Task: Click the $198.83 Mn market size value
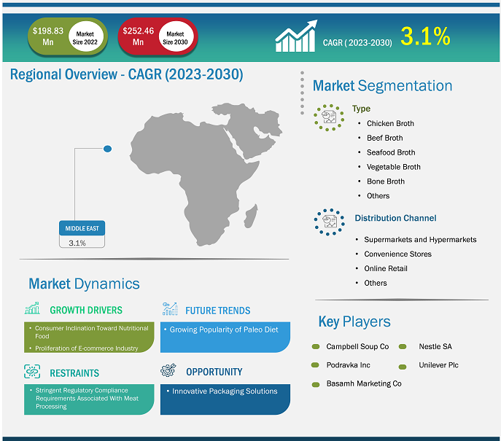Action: pos(48,36)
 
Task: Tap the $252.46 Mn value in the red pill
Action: pos(138,36)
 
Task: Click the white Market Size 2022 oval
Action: pos(85,36)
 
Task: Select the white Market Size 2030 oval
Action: pos(176,36)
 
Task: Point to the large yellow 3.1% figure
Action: pos(425,36)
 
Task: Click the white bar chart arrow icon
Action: pos(296,36)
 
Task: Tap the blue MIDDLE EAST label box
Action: pos(82,228)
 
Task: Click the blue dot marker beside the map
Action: pos(108,149)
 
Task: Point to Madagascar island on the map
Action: pos(251,216)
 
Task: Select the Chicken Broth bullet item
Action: pos(390,123)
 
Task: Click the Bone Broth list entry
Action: pos(386,182)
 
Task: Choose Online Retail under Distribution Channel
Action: pos(386,268)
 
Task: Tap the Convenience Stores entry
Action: pos(397,254)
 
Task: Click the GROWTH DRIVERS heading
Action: pos(86,310)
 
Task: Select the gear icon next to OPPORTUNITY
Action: pos(168,370)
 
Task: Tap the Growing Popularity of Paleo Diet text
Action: pos(224,329)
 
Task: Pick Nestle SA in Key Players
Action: pos(435,346)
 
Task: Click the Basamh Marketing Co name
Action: pos(364,383)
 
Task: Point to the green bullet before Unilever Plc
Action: pos(403,367)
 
